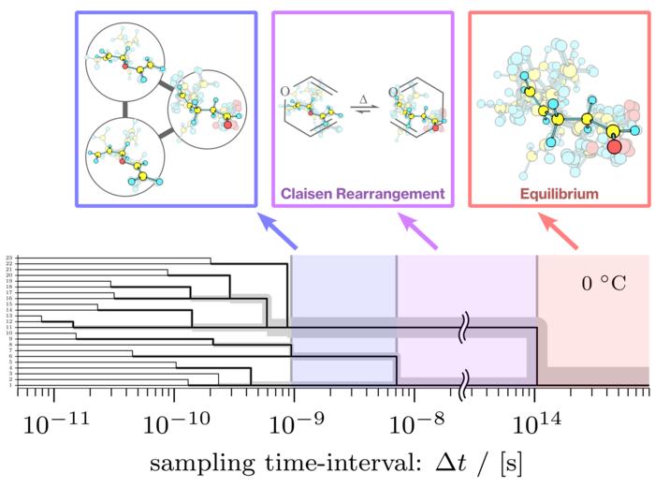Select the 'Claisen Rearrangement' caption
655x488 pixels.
click(361, 195)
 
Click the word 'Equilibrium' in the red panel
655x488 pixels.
click(559, 195)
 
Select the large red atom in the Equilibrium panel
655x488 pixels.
click(613, 145)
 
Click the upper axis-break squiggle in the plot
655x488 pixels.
click(465, 329)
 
